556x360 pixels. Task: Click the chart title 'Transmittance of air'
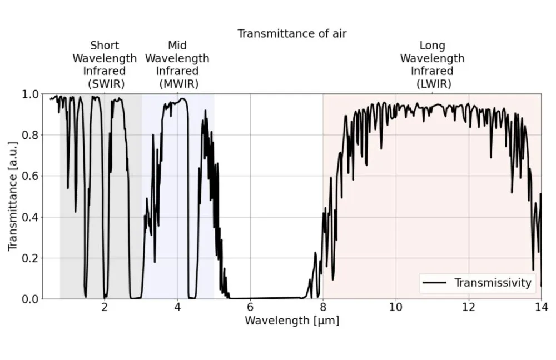coord(292,34)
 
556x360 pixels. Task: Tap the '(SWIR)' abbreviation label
coord(106,84)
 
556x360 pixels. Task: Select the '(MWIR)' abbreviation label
coord(177,84)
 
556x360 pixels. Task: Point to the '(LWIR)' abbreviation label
coord(433,84)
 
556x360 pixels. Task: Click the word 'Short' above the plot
coord(105,46)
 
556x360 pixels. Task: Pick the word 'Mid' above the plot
coord(177,46)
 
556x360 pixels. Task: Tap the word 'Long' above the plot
coord(433,46)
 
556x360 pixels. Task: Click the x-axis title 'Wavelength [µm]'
coord(292,321)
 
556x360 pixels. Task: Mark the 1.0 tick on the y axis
coord(31,94)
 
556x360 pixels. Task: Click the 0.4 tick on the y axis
coord(31,217)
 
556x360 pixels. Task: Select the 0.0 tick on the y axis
coord(31,299)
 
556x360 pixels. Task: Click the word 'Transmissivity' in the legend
coord(493,283)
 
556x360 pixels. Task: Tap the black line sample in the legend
coord(435,283)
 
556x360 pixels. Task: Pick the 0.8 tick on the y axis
coord(31,135)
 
